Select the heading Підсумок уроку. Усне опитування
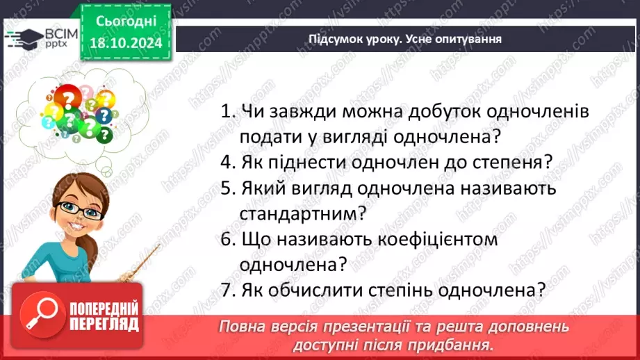(x=405, y=39)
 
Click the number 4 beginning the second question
(x=225, y=162)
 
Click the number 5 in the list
(x=225, y=188)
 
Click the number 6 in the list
(x=225, y=238)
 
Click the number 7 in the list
(x=225, y=290)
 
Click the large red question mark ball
(x=68, y=99)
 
